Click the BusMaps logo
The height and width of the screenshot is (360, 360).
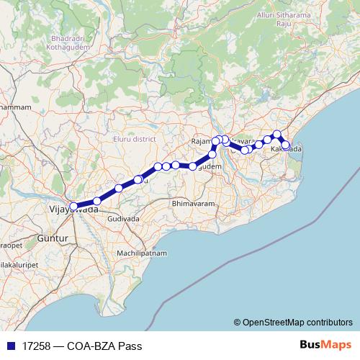[326, 345]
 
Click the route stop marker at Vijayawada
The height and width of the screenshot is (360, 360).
[73, 207]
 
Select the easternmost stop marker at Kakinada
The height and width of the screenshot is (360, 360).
[286, 145]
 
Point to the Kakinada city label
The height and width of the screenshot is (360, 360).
[287, 148]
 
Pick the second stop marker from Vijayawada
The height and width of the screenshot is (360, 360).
[97, 201]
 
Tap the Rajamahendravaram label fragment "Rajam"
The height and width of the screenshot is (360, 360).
[203, 140]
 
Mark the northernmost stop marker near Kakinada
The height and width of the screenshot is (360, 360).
[277, 134]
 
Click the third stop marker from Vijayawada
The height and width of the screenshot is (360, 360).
[119, 189]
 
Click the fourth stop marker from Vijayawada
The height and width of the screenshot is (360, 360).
[138, 179]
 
